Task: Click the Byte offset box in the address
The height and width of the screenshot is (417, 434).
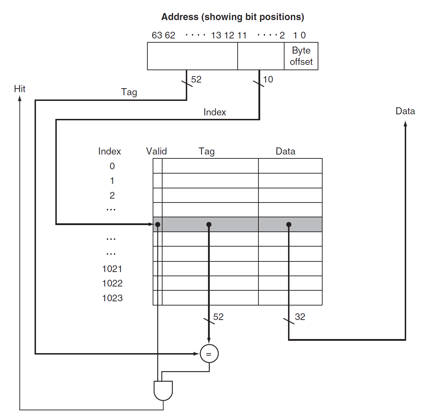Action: coord(301,56)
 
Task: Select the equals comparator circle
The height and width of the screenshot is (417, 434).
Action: coord(209,353)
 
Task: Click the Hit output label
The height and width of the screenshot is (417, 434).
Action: coord(20,89)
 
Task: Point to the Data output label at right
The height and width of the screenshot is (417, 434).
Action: coord(405,111)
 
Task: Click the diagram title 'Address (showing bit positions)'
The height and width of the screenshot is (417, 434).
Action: coord(233,17)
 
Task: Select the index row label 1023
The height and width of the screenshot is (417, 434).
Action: coord(112,298)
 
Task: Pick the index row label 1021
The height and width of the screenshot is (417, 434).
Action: coord(112,269)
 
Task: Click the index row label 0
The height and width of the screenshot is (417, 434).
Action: coord(112,166)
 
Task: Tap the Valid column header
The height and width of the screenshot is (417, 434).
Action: coord(156,151)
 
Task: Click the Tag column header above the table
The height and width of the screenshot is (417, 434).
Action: coord(207,151)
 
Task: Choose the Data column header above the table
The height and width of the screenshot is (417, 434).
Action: coord(285,151)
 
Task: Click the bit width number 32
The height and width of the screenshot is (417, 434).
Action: coord(300,317)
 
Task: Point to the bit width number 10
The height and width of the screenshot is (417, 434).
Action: coord(268,79)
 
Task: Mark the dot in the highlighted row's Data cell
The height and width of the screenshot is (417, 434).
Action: coord(289,224)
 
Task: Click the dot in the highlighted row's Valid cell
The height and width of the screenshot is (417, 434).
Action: coord(158,224)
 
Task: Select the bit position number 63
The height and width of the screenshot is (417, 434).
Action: coord(157,35)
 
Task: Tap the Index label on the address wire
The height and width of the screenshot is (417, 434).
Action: coord(215,112)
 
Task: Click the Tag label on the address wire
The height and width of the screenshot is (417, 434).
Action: coord(129,92)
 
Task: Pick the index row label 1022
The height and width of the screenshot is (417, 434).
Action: coord(112,283)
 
